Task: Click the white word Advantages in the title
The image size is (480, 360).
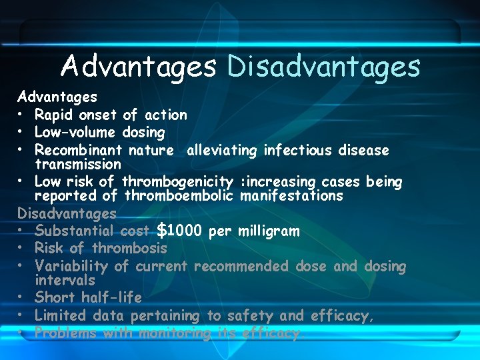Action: (139, 67)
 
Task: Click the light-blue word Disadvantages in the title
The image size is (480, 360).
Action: (324, 67)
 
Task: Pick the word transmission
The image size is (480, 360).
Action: (78, 163)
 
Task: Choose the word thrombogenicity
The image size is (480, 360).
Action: (177, 182)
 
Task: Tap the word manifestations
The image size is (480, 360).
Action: (291, 196)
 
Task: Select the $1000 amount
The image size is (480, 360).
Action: (179, 231)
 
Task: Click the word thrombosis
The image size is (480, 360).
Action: (129, 249)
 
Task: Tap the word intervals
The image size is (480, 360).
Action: (65, 280)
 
